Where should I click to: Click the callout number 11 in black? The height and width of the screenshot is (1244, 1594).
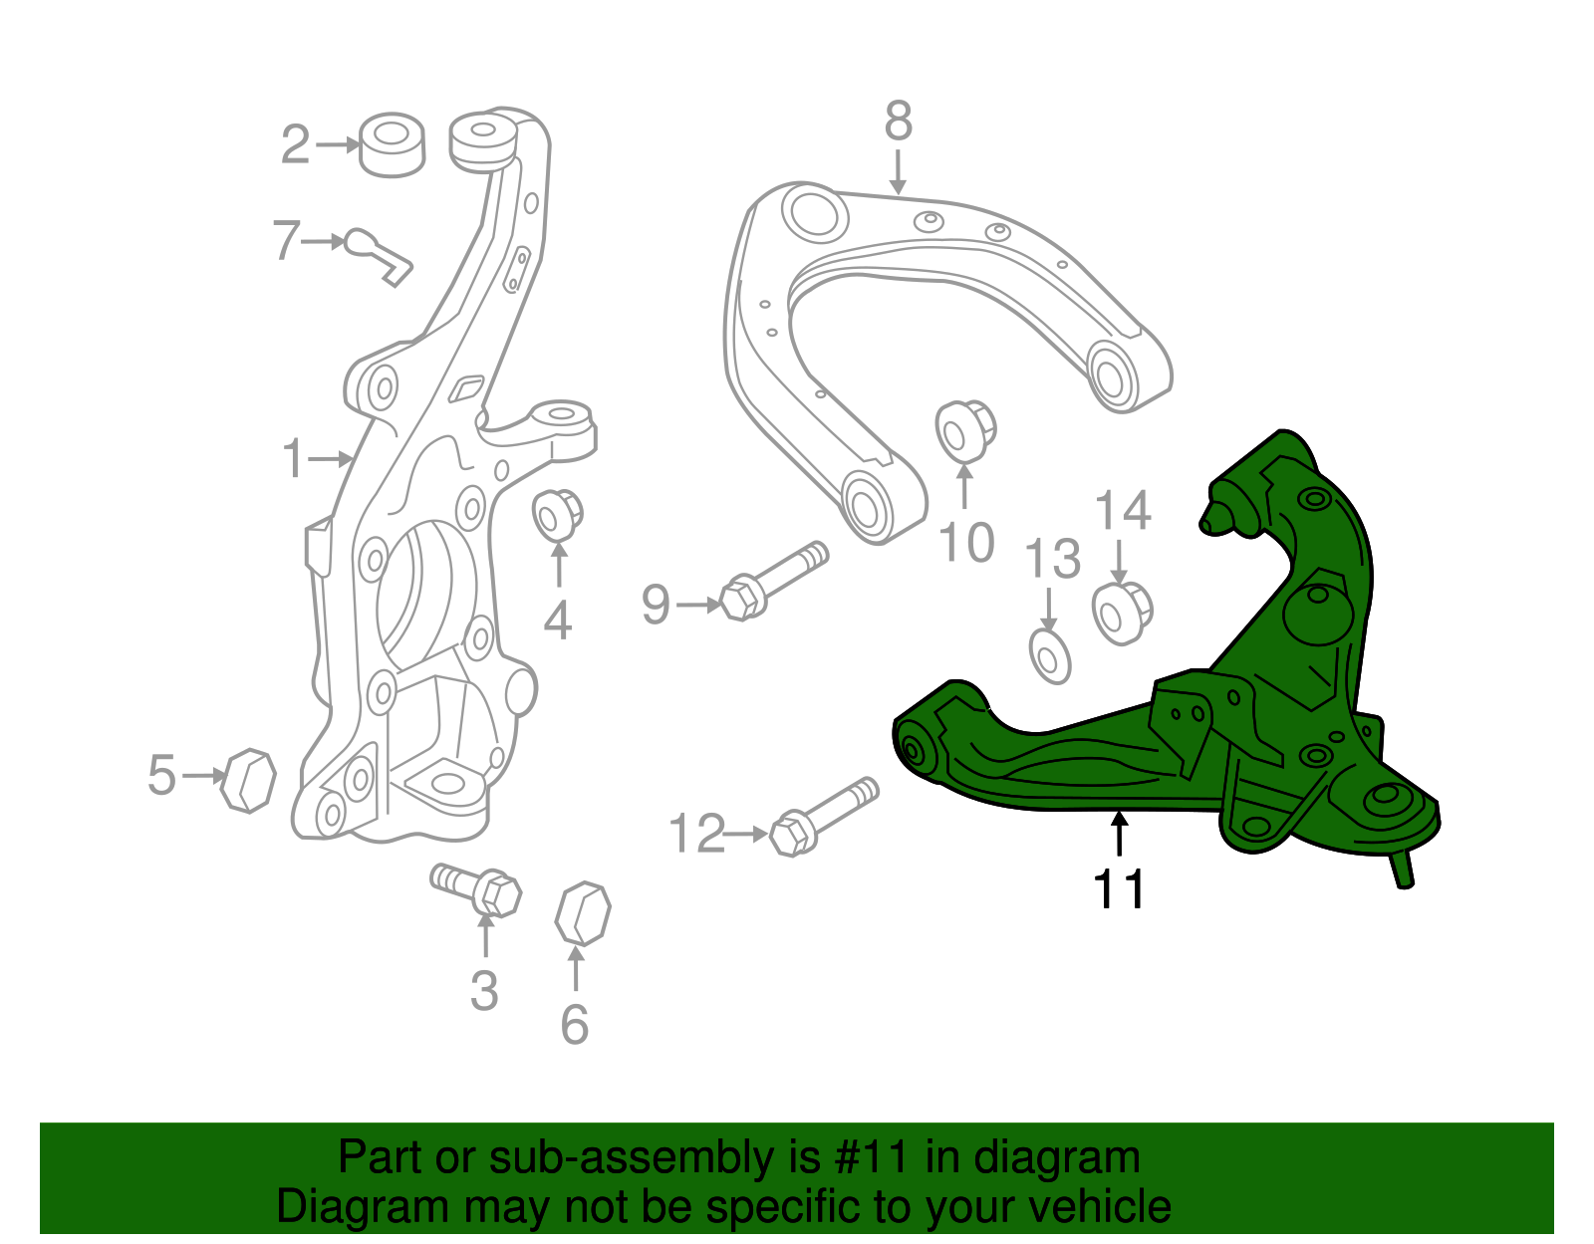pos(1119,888)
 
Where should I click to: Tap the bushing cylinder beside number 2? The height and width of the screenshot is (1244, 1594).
pos(392,145)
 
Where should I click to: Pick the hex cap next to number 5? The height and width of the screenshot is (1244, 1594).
pos(249,781)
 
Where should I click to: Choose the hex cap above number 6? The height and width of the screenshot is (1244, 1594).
pos(582,912)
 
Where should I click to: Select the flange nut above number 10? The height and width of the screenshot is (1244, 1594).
pos(964,431)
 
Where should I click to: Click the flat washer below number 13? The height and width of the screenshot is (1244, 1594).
pos(1049,657)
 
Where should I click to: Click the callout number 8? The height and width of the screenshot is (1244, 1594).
pos(898,123)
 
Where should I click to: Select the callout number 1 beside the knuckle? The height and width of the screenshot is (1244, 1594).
pos(292,459)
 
